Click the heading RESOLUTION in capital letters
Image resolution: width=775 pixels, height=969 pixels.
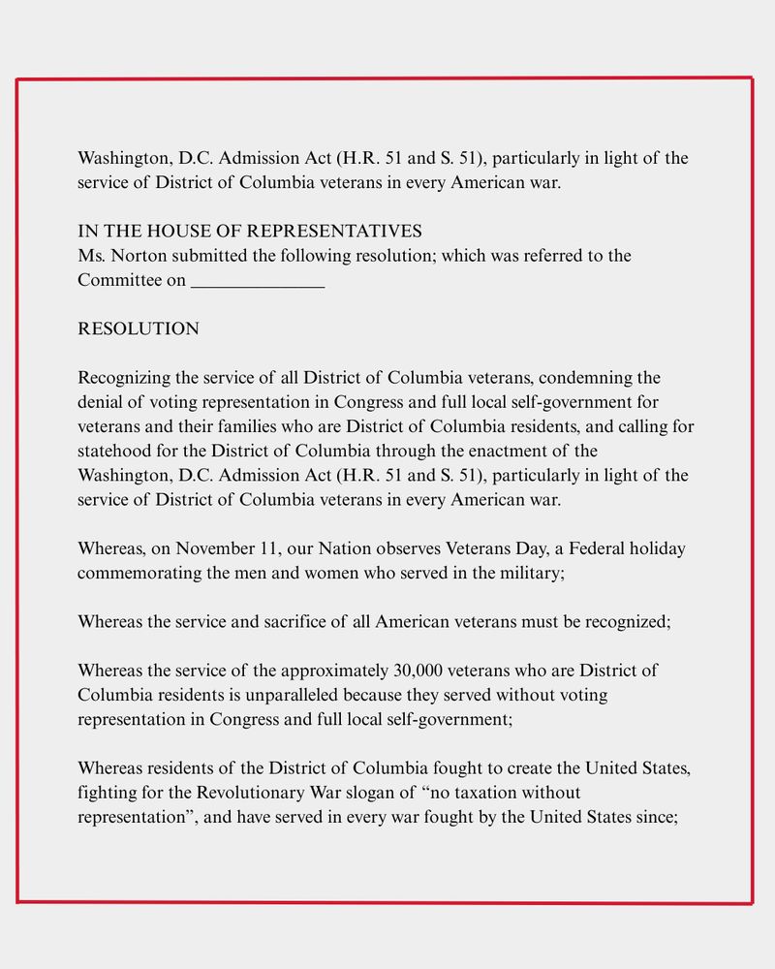click(x=139, y=329)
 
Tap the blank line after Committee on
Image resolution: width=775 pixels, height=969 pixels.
click(x=258, y=282)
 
